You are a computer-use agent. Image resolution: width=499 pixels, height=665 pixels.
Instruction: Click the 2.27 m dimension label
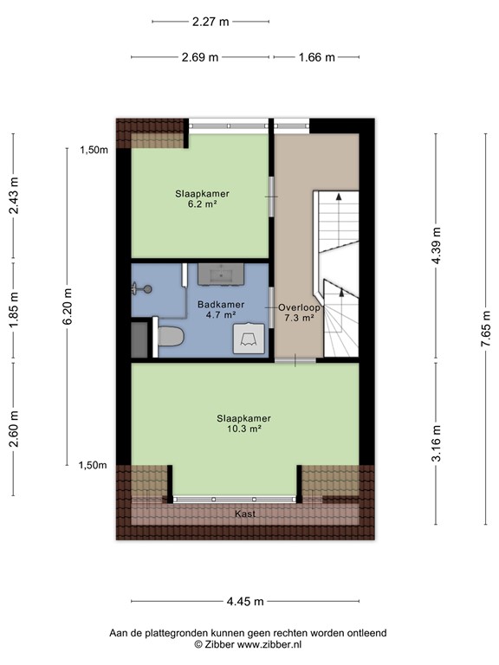pyautogui.click(x=211, y=22)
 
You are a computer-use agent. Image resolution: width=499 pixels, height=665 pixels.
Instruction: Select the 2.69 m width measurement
pyautogui.click(x=200, y=57)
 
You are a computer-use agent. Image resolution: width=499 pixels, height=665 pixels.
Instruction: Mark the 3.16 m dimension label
pyautogui.click(x=437, y=443)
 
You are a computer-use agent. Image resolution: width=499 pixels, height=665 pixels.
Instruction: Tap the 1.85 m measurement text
pyautogui.click(x=13, y=307)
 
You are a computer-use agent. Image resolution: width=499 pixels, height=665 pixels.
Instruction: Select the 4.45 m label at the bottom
pyautogui.click(x=246, y=601)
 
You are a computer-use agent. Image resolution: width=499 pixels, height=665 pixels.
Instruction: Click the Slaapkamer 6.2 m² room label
pyautogui.click(x=201, y=199)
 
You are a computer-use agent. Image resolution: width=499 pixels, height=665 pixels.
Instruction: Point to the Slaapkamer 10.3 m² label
pyautogui.click(x=239, y=423)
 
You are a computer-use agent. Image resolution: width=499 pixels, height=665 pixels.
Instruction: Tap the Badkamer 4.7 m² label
pyautogui.click(x=221, y=310)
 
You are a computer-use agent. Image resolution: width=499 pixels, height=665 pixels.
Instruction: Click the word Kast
pyautogui.click(x=246, y=514)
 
